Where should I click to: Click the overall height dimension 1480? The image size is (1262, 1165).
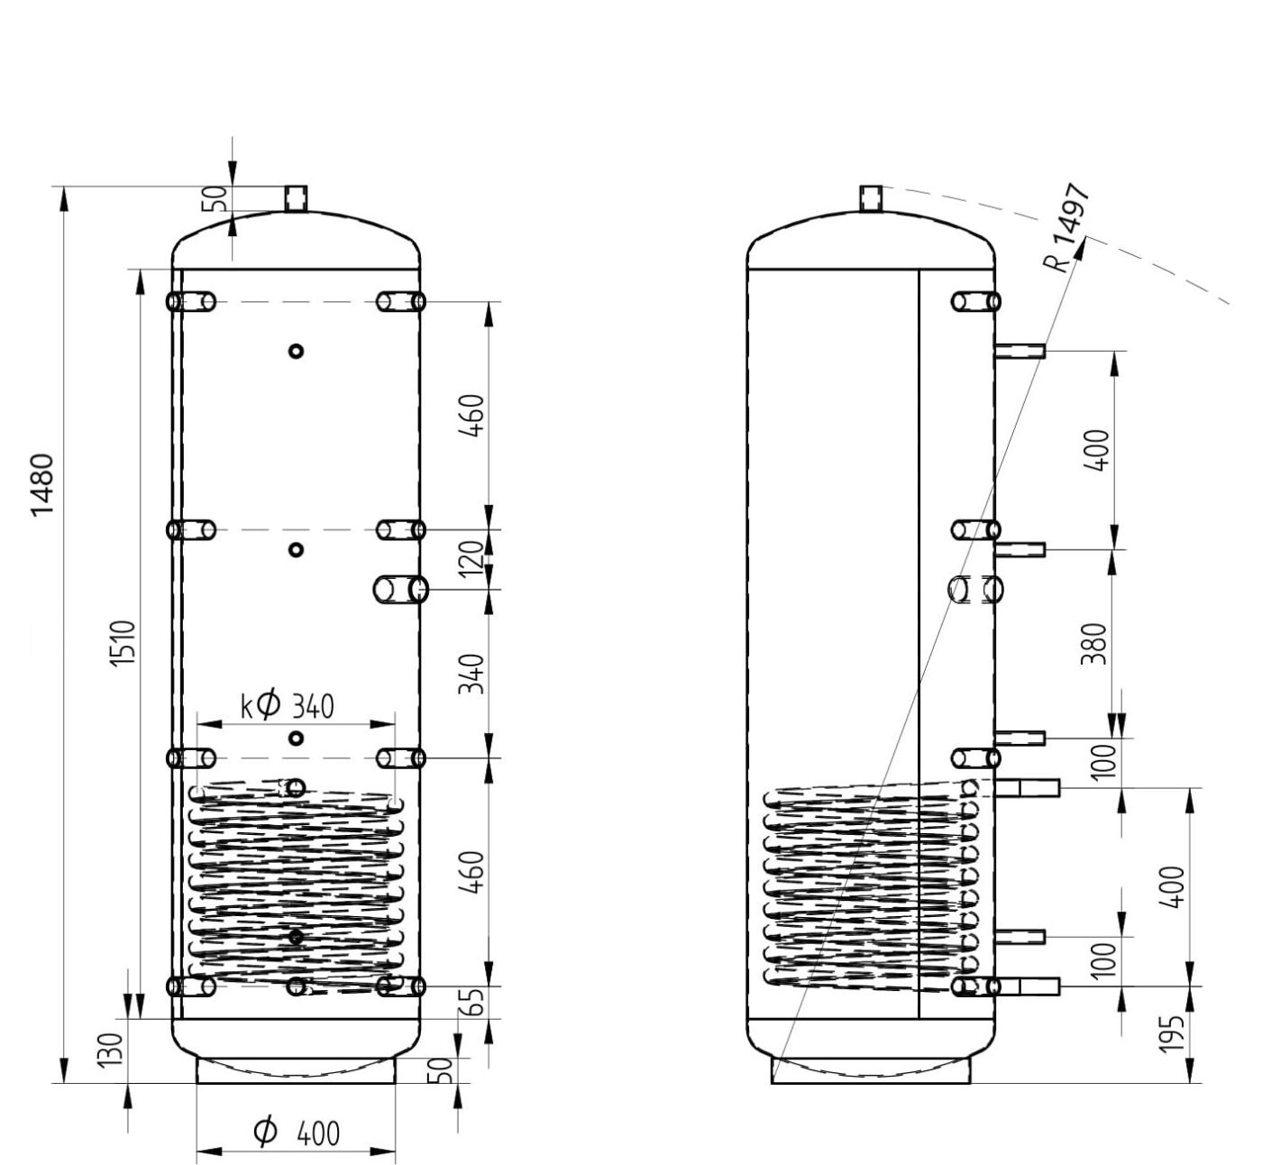43,484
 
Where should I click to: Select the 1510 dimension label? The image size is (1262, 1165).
123,644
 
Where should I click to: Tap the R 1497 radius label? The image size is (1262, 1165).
1068,227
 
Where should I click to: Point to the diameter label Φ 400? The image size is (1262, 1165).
296,1132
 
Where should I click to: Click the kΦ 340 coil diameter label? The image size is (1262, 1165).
288,706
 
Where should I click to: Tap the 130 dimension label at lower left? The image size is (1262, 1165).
112,1050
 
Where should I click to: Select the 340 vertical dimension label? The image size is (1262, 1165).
471,674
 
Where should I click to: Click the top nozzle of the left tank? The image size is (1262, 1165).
296,198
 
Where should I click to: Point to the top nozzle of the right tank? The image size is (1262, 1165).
871,197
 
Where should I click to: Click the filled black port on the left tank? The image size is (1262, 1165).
296,937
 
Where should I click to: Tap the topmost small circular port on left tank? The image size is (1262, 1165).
296,351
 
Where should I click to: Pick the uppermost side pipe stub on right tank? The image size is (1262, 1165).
1020,351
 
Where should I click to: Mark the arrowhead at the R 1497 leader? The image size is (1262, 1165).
1082,248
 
